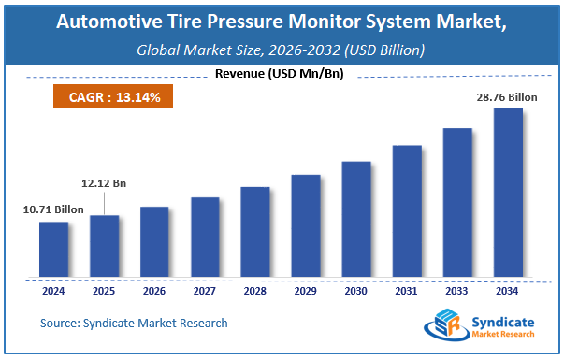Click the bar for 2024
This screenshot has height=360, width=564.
click(x=53, y=250)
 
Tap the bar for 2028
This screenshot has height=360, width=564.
click(x=254, y=232)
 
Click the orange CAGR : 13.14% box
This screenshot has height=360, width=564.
click(x=102, y=95)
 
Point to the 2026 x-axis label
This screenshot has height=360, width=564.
click(x=154, y=290)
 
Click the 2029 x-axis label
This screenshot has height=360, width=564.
click(x=305, y=290)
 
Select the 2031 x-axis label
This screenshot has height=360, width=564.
click(x=406, y=290)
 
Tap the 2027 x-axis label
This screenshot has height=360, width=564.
click(x=205, y=290)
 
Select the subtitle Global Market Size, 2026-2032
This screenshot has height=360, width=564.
click(x=282, y=50)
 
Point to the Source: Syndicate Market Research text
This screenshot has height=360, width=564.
click(x=134, y=324)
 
